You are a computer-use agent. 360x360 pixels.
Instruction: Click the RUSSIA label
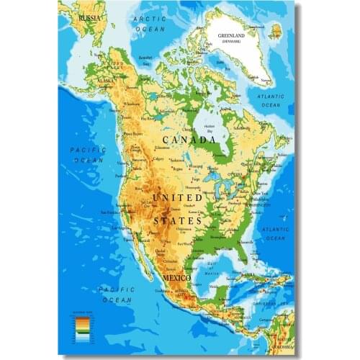90,16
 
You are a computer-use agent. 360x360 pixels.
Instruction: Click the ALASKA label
105,81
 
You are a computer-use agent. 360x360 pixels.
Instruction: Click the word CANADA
189,139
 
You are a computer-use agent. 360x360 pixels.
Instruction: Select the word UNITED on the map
177,197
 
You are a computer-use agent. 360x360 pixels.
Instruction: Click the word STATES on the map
176,220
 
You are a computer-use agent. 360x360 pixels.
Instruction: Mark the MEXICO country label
176,277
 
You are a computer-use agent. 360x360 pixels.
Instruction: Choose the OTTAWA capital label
235,174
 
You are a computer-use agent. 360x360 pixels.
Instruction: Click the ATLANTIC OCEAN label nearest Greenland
271,100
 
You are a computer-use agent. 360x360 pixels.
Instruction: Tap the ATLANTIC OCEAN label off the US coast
275,233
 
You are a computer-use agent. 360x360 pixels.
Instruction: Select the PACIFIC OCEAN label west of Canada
88,154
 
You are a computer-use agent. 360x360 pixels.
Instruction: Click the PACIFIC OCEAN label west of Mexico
116,294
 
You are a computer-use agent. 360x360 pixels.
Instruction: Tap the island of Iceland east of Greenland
276,30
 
